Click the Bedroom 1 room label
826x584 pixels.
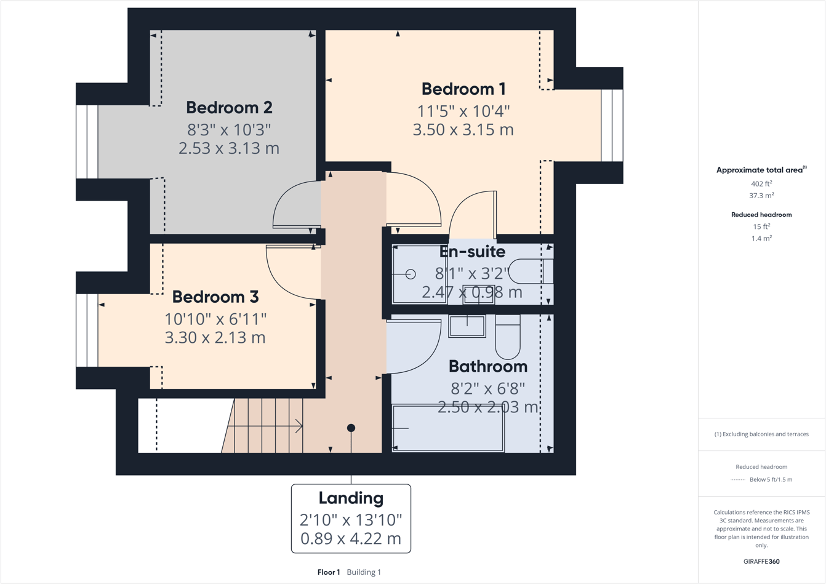tap(463, 89)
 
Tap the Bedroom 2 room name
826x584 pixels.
tap(229, 108)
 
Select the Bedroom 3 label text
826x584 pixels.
tap(215, 297)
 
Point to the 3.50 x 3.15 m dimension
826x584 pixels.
tap(463, 130)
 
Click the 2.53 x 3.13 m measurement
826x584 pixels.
tap(229, 148)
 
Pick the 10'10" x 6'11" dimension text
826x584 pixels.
tap(215, 319)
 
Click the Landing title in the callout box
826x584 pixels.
tap(351, 498)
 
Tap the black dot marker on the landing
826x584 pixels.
tap(351, 428)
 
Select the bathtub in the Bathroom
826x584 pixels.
tap(448, 428)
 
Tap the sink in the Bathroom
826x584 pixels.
tap(467, 326)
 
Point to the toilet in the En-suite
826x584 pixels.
tap(531, 271)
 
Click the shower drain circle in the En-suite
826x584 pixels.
tap(411, 274)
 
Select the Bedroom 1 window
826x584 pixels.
tap(612, 126)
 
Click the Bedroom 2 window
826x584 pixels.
tap(87, 142)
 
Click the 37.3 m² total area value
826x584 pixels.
tap(761, 196)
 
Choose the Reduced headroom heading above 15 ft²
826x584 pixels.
tap(761, 215)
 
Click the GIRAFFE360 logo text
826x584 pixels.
tap(761, 561)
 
